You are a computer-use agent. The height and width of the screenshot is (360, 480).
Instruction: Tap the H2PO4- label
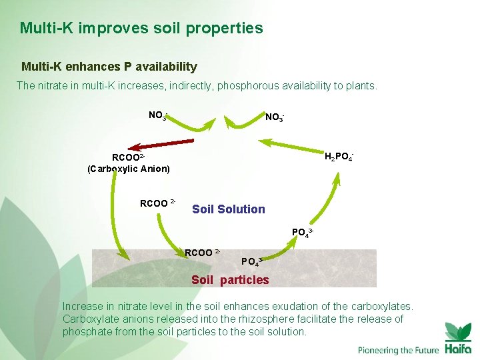click(x=339, y=157)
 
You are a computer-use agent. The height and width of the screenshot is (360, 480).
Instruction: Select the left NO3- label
click(x=158, y=115)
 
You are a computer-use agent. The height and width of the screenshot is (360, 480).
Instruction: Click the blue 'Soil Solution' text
click(x=229, y=209)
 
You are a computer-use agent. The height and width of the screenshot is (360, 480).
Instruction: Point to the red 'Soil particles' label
click(x=230, y=280)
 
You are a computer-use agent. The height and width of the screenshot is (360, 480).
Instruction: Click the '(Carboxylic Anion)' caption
click(x=129, y=169)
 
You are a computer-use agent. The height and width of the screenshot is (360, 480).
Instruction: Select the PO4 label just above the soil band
click(x=302, y=233)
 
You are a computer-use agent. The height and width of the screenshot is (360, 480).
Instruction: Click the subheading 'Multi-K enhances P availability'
click(x=109, y=67)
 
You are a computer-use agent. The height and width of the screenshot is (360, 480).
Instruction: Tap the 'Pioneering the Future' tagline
click(x=399, y=350)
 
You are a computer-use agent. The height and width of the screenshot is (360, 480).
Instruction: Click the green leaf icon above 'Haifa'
click(x=458, y=331)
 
